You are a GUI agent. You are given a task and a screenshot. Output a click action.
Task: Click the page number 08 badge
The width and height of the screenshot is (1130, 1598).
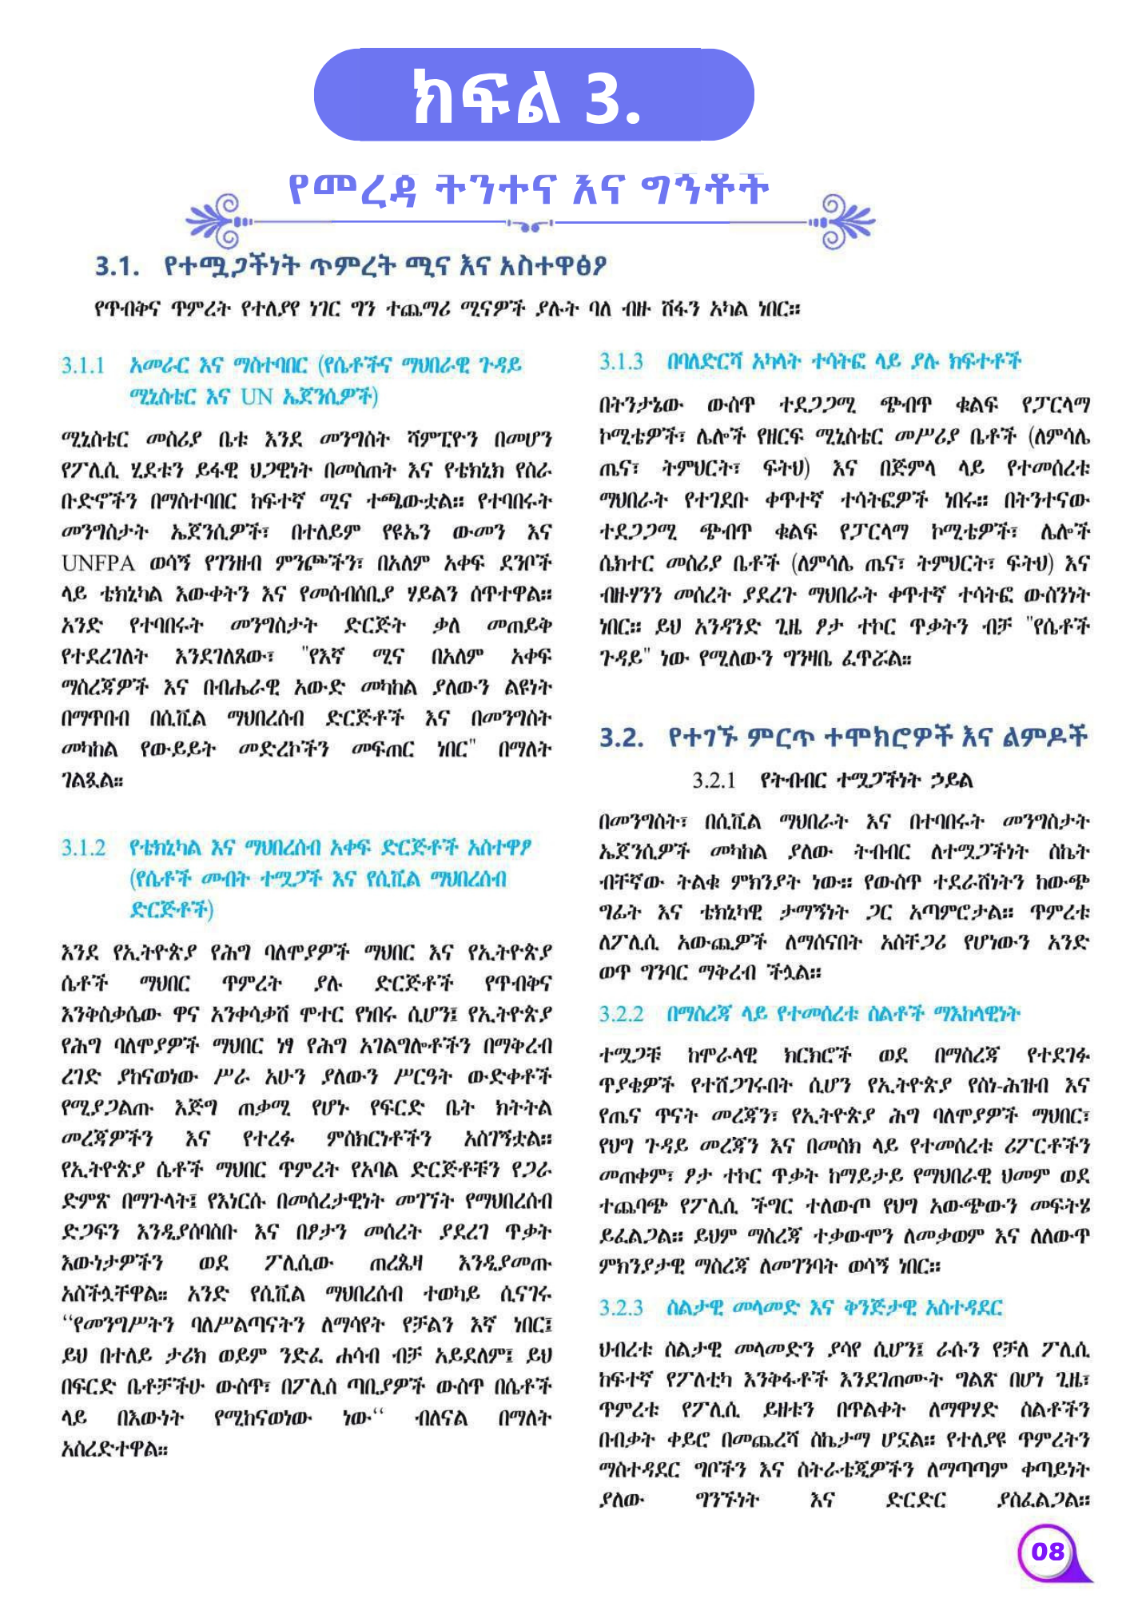pos(1047,1552)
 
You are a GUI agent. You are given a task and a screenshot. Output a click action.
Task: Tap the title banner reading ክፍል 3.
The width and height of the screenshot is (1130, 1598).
pos(534,95)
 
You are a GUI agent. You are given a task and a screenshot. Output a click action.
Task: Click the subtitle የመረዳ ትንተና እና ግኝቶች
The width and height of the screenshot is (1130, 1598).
pos(528,189)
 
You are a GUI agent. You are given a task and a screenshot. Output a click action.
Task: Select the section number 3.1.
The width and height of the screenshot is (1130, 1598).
pos(117,266)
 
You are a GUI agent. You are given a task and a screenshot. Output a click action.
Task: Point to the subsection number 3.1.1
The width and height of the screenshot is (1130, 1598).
pos(83,366)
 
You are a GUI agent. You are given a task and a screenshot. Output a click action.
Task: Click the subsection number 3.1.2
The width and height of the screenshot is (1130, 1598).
pos(83,848)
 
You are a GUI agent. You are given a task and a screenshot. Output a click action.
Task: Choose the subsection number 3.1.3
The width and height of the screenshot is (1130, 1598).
pos(621,362)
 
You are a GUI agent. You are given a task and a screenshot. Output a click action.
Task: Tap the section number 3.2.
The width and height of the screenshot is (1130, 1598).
pos(622,737)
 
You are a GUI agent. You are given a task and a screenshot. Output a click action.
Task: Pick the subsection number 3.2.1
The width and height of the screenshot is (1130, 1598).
pos(714,781)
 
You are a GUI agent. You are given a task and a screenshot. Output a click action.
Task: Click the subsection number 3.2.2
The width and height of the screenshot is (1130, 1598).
pos(621,1015)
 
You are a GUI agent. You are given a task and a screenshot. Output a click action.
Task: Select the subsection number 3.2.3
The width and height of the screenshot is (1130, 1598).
pos(621,1308)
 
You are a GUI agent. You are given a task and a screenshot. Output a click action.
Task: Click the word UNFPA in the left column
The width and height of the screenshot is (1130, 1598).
pos(97,564)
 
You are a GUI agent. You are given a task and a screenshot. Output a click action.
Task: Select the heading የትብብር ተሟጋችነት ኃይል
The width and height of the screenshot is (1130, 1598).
pos(866,781)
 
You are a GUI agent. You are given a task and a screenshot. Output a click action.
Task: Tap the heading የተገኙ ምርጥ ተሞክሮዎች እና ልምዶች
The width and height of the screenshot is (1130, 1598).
pos(877,737)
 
